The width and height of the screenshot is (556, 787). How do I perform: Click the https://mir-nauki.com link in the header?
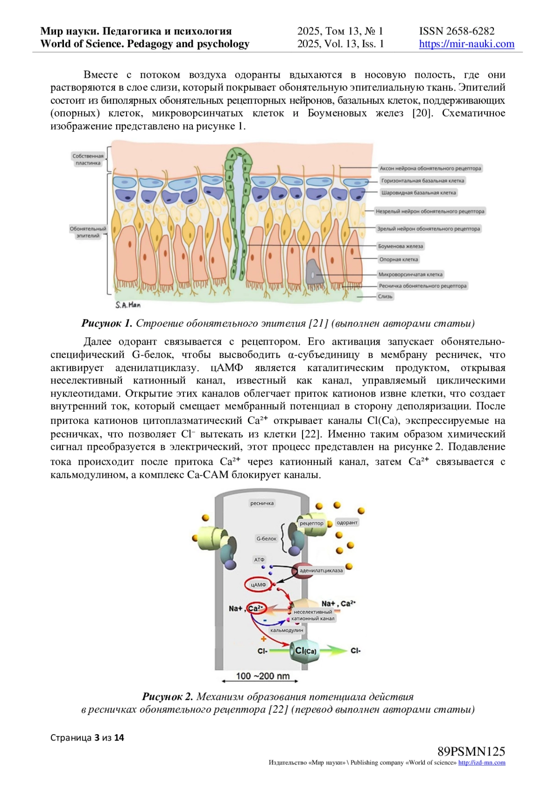point(467,44)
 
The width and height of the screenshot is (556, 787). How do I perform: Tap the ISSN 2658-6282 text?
point(456,31)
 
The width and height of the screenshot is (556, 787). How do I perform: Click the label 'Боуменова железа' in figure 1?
point(400,246)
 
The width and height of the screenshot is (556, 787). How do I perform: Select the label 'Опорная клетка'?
point(398,260)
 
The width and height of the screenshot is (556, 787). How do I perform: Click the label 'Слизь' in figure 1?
point(385,296)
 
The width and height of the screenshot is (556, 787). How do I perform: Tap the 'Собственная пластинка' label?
point(88,160)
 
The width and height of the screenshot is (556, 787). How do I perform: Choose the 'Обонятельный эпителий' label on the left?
point(88,232)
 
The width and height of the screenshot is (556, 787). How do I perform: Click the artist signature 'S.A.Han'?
point(128,305)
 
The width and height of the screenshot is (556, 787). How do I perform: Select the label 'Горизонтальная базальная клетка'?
point(422,181)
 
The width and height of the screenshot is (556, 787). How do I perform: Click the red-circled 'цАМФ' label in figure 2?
point(259,585)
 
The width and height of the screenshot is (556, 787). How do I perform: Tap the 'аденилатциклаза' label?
point(321,570)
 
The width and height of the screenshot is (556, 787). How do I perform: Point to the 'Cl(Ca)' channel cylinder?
point(305,651)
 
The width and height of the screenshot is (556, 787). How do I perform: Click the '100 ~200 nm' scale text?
point(262,676)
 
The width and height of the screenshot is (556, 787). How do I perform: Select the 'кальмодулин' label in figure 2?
point(287,630)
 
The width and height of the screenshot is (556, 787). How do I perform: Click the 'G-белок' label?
point(266,538)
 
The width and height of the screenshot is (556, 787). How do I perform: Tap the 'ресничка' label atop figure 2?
point(262,503)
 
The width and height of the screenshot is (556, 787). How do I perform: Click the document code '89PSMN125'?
point(471,751)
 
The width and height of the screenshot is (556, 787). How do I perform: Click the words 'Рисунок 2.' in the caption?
point(167,697)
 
